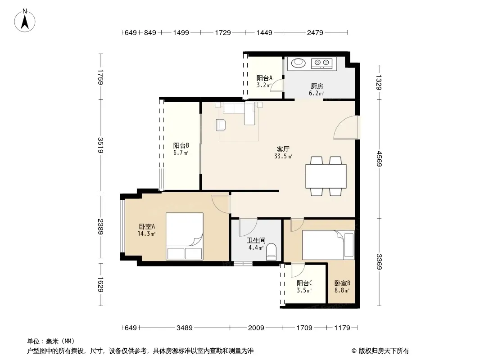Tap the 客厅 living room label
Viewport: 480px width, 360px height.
[283, 149]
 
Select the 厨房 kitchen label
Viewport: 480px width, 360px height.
[317, 86]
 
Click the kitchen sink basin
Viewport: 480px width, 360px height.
[298, 63]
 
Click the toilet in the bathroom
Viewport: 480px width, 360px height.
[271, 252]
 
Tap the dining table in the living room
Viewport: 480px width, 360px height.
[326, 176]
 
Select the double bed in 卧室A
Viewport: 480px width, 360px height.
[185, 236]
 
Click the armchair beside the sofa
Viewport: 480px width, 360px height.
[221, 125]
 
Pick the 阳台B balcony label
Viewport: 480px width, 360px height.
[181, 146]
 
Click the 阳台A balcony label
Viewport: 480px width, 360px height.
[264, 78]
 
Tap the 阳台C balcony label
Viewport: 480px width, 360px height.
[304, 283]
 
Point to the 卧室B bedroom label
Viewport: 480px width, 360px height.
[342, 283]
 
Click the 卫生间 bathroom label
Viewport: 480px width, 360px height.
[256, 240]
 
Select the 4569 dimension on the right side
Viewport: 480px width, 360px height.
[379, 159]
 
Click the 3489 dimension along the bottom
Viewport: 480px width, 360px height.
[185, 328]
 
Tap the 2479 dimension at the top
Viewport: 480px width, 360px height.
[315, 32]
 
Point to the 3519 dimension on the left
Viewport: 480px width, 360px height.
[100, 145]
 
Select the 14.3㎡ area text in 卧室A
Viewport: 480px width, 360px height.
[146, 234]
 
